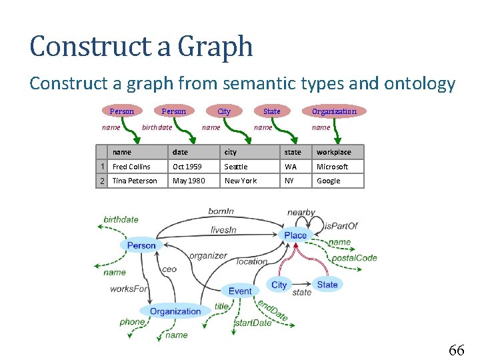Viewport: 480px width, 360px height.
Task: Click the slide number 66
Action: pyautogui.click(x=457, y=350)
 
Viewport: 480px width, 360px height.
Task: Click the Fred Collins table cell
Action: pyautogui.click(x=131, y=167)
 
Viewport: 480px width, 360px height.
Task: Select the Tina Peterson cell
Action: pyautogui.click(x=135, y=181)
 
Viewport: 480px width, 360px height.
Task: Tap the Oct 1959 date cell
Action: pyautogui.click(x=187, y=167)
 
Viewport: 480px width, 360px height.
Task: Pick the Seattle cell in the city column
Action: pyautogui.click(x=236, y=167)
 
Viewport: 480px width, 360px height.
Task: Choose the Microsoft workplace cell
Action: pyautogui.click(x=332, y=167)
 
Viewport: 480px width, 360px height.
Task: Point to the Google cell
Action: pyautogui.click(x=328, y=181)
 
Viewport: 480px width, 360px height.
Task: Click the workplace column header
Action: pyautogui.click(x=333, y=152)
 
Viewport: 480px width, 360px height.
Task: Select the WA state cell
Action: pyautogui.click(x=291, y=167)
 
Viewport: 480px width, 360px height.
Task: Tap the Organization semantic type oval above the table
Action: pyautogui.click(x=334, y=111)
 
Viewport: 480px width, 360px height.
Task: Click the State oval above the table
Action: pyautogui.click(x=272, y=111)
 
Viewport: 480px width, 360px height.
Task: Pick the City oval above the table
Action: pyautogui.click(x=224, y=111)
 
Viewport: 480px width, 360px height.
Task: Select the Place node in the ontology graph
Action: pyautogui.click(x=295, y=235)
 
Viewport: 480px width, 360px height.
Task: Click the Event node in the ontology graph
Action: pyautogui.click(x=240, y=291)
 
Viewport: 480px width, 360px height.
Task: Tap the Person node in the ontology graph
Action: pyautogui.click(x=141, y=245)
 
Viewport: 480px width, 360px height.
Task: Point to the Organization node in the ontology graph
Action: pyautogui.click(x=175, y=311)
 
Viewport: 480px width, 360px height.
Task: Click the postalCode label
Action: pyautogui.click(x=354, y=258)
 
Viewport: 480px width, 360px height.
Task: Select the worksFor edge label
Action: pyautogui.click(x=129, y=289)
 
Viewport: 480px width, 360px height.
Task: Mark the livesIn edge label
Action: pyautogui.click(x=223, y=230)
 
